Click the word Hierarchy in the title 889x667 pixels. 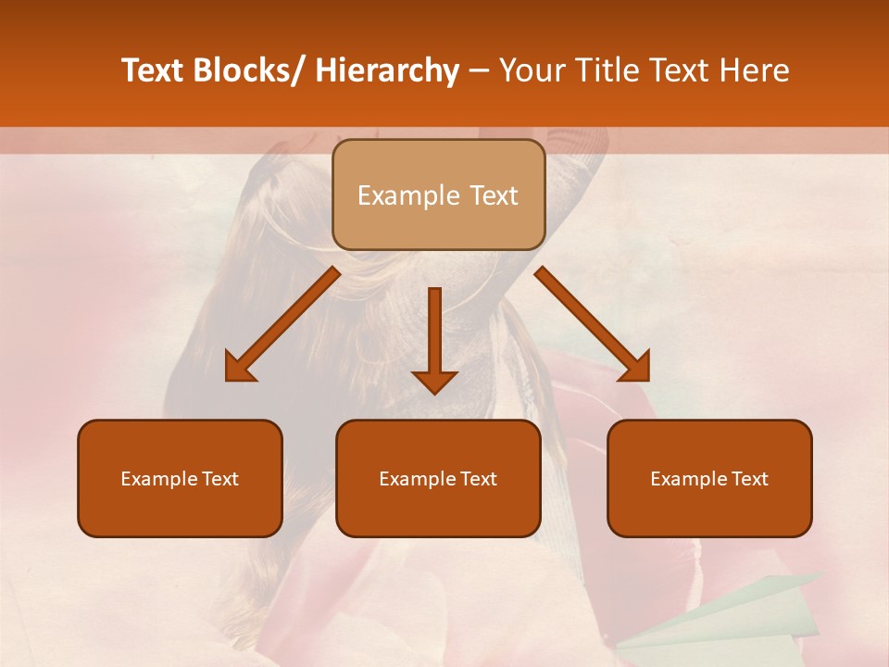pyautogui.click(x=386, y=71)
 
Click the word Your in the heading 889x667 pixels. pyautogui.click(x=532, y=71)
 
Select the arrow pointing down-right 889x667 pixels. pyautogui.click(x=593, y=324)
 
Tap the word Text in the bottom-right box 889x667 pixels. pyautogui.click(x=748, y=479)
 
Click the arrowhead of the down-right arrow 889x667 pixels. pyautogui.click(x=633, y=365)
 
